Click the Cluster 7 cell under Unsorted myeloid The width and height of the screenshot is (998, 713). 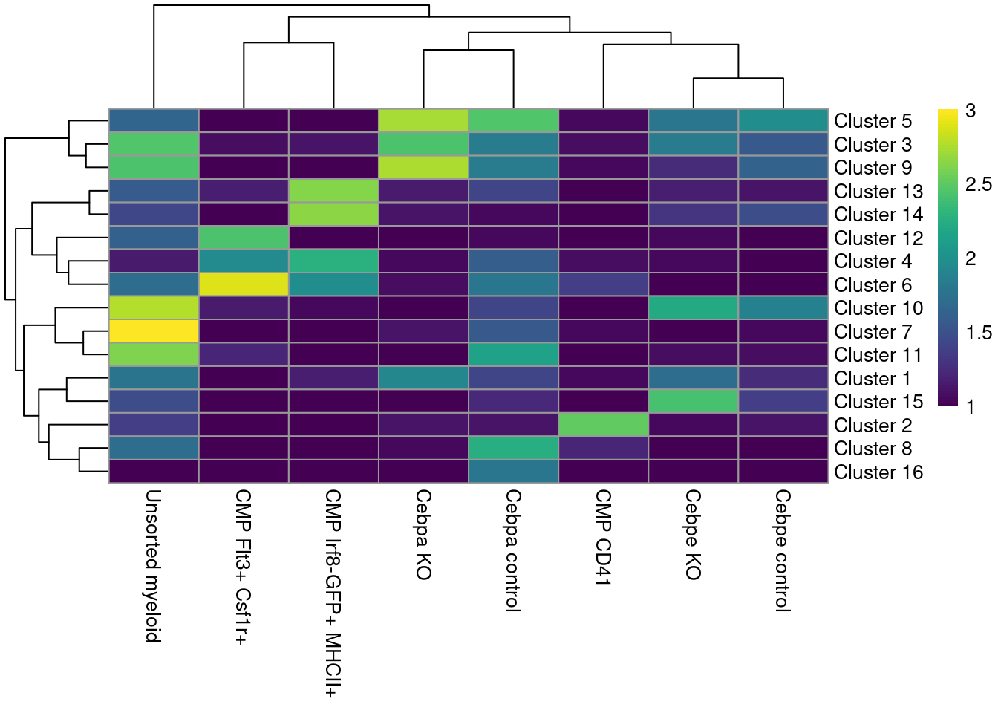(x=154, y=331)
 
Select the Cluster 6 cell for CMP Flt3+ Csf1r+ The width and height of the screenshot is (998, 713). (x=244, y=284)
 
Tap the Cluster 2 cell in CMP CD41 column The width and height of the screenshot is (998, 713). (x=603, y=425)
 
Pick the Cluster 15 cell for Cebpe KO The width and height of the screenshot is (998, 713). (x=693, y=402)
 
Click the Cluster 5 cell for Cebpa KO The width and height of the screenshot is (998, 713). (x=423, y=120)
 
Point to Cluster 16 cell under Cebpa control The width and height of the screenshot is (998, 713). (x=513, y=472)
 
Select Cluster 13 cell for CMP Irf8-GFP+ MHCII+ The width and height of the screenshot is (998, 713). (x=333, y=191)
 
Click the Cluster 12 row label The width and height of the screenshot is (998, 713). (x=878, y=238)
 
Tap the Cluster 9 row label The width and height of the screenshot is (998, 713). (x=873, y=168)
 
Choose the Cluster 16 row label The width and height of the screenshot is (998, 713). (x=878, y=472)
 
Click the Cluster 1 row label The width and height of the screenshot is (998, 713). (x=873, y=379)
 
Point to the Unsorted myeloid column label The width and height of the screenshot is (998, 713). (x=153, y=565)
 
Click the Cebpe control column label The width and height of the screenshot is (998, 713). (x=783, y=550)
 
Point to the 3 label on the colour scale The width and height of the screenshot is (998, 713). (x=971, y=111)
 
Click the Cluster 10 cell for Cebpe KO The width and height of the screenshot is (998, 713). (x=693, y=308)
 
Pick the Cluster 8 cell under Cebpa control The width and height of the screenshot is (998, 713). (x=513, y=449)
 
